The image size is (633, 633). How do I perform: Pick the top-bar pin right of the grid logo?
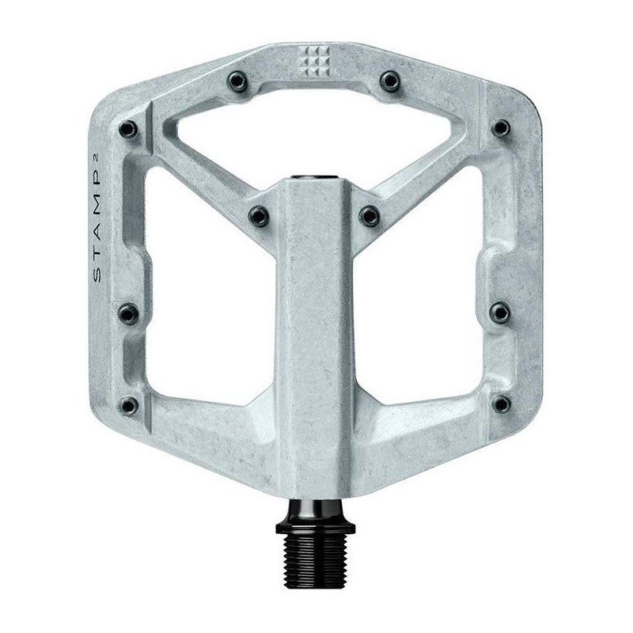tap(389, 80)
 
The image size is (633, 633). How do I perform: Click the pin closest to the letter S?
tap(129, 314)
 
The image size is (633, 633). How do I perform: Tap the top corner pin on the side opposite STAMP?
tap(501, 128)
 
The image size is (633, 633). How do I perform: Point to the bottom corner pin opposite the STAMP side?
tap(501, 404)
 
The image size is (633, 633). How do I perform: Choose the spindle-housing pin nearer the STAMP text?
tap(259, 214)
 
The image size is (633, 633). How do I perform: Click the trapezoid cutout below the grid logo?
tap(315, 131)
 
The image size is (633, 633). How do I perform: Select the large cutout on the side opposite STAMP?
tap(431, 293)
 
